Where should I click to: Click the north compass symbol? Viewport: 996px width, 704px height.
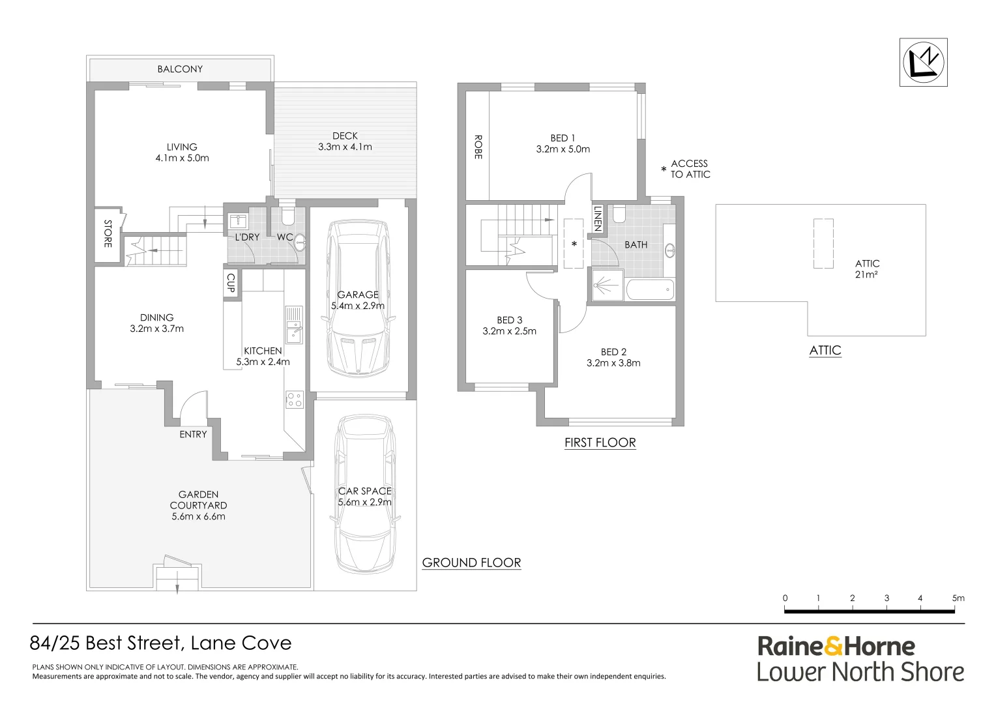(x=924, y=63)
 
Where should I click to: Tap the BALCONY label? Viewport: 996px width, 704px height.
(x=180, y=69)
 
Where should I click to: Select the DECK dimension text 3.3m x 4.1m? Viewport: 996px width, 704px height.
(x=345, y=147)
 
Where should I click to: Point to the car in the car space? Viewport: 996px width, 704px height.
(x=365, y=494)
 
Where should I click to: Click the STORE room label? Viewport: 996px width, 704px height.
(x=108, y=233)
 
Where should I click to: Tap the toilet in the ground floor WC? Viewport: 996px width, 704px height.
(x=289, y=215)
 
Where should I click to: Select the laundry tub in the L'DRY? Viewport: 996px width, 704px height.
(x=239, y=221)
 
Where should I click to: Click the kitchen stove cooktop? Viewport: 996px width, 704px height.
(x=295, y=399)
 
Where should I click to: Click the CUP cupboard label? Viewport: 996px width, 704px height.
(x=231, y=283)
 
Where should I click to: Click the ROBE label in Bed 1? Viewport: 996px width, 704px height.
(x=478, y=147)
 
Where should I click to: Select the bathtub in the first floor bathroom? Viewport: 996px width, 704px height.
(x=650, y=289)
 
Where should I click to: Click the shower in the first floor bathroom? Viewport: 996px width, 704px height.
(x=607, y=285)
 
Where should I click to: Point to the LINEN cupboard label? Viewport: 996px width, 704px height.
(x=598, y=218)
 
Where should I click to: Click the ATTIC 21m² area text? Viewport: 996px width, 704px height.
(x=866, y=269)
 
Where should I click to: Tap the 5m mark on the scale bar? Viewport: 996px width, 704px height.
(x=958, y=598)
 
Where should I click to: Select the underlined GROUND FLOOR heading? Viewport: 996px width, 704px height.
(x=471, y=563)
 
